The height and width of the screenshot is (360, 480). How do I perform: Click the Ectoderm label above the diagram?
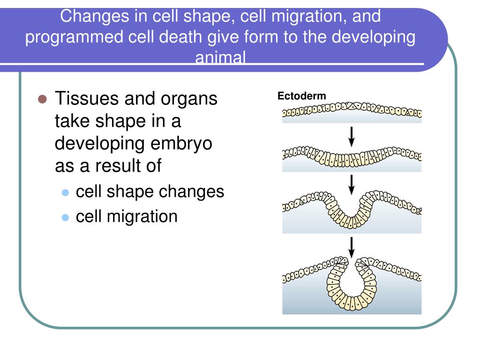tap(301, 96)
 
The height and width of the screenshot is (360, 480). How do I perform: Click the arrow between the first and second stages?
tap(352, 137)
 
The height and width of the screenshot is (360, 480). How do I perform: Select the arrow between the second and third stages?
tap(352, 185)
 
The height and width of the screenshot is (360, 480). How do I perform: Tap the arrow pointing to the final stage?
tap(352, 247)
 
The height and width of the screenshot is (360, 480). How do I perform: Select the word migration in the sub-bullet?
tap(142, 217)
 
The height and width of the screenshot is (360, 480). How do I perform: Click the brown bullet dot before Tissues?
tap(42, 99)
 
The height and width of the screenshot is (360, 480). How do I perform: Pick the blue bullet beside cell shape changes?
tap(65, 193)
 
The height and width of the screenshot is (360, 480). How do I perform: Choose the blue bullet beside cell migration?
tap(65, 217)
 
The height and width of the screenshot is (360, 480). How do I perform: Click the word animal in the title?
tap(220, 57)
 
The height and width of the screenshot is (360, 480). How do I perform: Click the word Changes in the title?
tap(95, 17)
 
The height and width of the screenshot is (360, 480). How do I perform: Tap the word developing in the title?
tap(374, 37)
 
